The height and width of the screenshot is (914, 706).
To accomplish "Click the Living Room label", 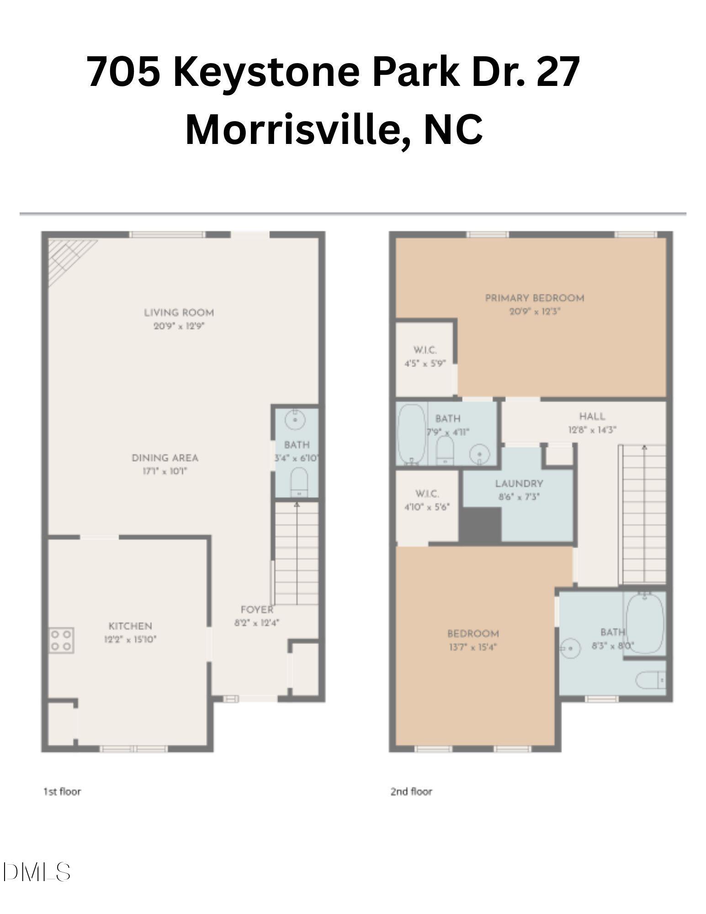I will pos(179,313).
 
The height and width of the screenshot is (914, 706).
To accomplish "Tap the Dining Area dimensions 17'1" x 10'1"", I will pos(165,471).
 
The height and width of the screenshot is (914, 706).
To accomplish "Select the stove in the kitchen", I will pos(62,640).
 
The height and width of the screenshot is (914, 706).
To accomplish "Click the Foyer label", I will pos(257,610).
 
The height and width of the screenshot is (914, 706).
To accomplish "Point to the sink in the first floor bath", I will pos(295,419).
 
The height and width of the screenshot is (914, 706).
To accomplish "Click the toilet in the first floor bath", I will pos(299,482).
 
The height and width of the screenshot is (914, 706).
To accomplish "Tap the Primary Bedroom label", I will pos(534,298).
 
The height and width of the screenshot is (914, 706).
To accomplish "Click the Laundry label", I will pos(519,484).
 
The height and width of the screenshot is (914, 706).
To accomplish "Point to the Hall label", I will pos(592,416).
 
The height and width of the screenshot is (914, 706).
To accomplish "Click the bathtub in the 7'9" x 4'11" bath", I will pos(411,434).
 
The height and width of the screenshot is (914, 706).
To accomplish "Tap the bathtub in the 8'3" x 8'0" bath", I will pos(645,623).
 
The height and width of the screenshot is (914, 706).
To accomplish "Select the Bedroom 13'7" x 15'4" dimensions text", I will pos(472,647).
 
